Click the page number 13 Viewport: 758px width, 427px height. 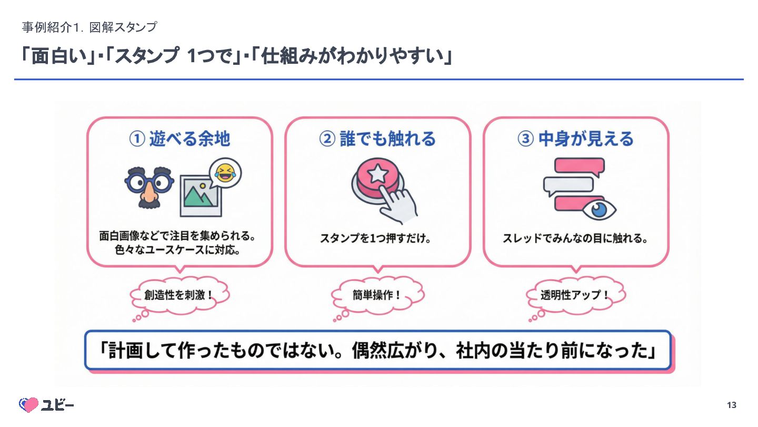point(731,405)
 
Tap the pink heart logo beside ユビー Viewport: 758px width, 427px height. point(28,404)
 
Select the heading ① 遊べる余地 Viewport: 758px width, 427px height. point(179,139)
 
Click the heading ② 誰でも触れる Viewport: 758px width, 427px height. point(377,139)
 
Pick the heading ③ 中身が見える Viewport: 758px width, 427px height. point(575,139)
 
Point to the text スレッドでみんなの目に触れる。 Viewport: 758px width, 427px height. point(575,238)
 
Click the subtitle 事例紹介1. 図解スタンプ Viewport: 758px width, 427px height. point(89,27)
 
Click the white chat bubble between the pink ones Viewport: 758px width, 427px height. point(568,185)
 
